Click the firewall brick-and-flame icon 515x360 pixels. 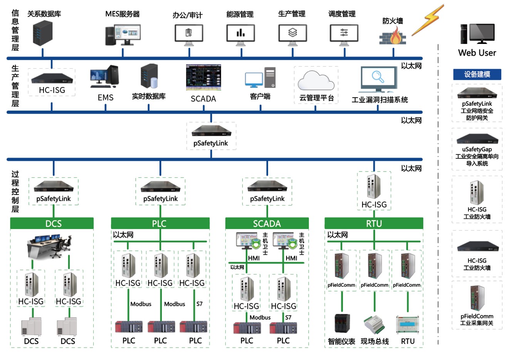(x=393, y=36)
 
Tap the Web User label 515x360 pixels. (x=477, y=53)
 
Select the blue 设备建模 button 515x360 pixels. (x=477, y=74)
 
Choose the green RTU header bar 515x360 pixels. (x=374, y=224)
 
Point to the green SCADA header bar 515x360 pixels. (x=267, y=224)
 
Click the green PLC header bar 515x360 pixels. (x=160, y=224)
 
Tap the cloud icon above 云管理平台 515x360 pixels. (x=316, y=81)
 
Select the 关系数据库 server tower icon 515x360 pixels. (x=42, y=33)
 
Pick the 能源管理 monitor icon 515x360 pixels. (x=241, y=34)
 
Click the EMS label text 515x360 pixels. (x=106, y=98)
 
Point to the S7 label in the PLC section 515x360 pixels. (x=199, y=304)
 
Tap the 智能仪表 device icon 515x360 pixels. (x=342, y=324)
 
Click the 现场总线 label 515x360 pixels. (x=374, y=341)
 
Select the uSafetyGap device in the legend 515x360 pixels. (x=477, y=139)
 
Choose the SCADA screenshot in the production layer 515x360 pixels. (x=203, y=77)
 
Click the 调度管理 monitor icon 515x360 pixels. (x=344, y=34)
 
